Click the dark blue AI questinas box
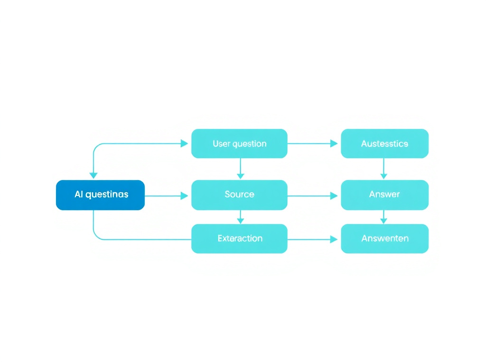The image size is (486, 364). click(x=100, y=195)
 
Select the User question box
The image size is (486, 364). click(x=239, y=144)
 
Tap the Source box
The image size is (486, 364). click(x=239, y=195)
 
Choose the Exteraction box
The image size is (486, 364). click(x=239, y=238)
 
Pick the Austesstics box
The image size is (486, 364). click(x=384, y=144)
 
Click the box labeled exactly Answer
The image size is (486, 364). click(x=384, y=195)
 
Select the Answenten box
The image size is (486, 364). click(x=384, y=238)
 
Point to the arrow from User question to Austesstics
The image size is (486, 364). click(x=313, y=144)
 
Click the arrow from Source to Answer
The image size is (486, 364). click(x=313, y=195)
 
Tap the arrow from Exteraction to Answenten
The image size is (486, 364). click(x=313, y=239)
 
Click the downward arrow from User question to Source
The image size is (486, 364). click(x=240, y=168)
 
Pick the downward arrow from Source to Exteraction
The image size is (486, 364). click(x=240, y=217)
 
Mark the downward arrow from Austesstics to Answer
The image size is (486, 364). click(x=384, y=168)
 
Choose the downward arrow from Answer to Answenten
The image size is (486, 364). click(x=384, y=217)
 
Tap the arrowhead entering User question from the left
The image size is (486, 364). click(x=185, y=144)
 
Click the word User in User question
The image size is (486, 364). click(x=221, y=144)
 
